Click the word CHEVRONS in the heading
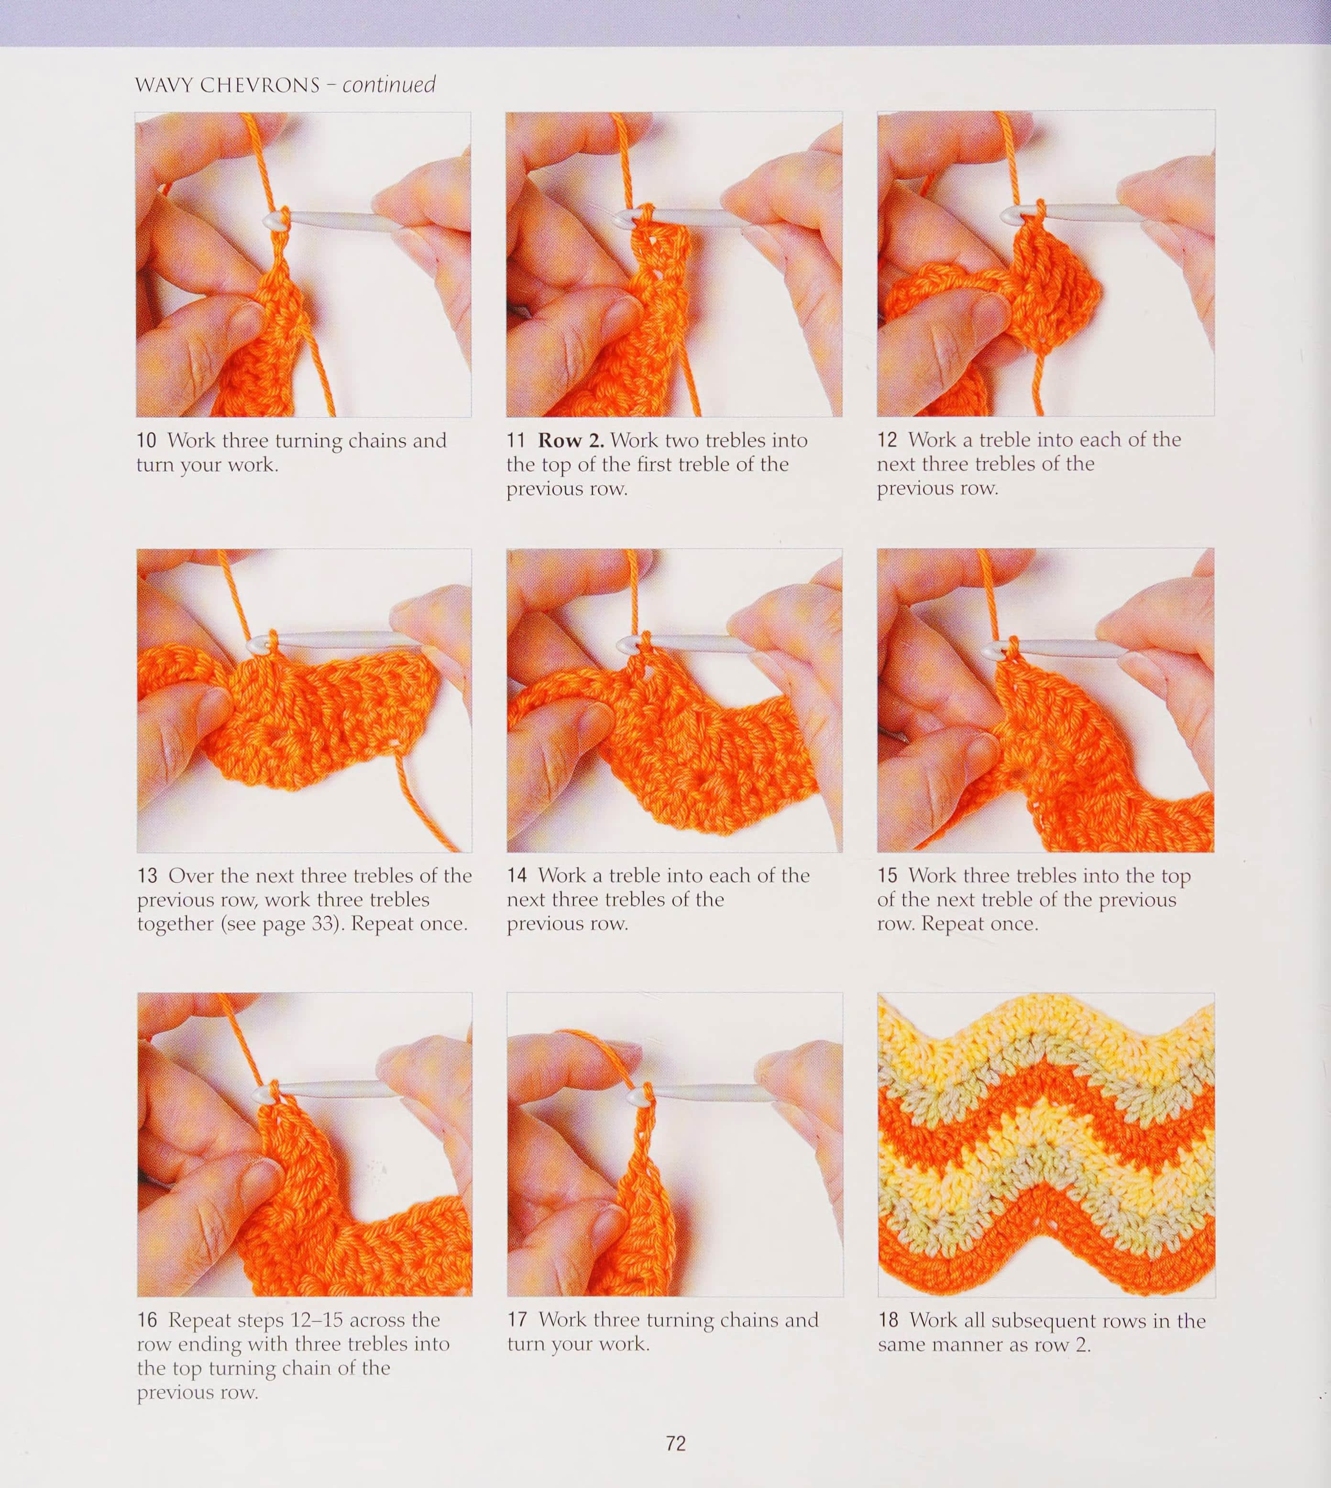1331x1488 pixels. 260,86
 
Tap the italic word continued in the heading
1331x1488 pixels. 389,85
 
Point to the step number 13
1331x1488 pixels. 148,876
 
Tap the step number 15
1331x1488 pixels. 888,876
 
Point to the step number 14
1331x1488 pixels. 518,876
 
